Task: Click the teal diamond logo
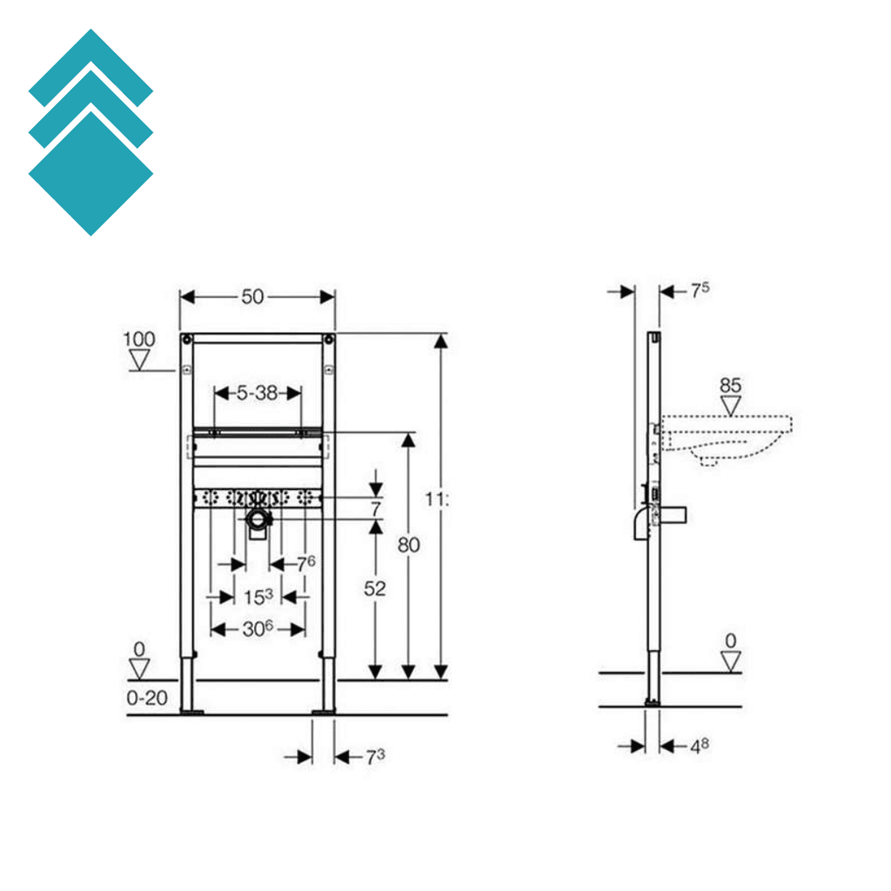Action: (90, 132)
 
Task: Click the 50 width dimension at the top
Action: (252, 297)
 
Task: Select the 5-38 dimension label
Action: (257, 393)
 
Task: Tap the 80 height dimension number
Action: (408, 546)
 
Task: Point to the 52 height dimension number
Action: (374, 589)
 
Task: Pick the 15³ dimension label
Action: (258, 597)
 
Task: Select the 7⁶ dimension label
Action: (305, 564)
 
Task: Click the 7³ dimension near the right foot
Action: (374, 757)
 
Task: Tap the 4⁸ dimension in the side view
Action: (700, 746)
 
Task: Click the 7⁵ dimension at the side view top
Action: (700, 291)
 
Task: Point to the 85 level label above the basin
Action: (730, 385)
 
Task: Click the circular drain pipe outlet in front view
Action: (258, 521)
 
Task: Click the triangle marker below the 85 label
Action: (730, 405)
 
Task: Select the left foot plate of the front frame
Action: (191, 712)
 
